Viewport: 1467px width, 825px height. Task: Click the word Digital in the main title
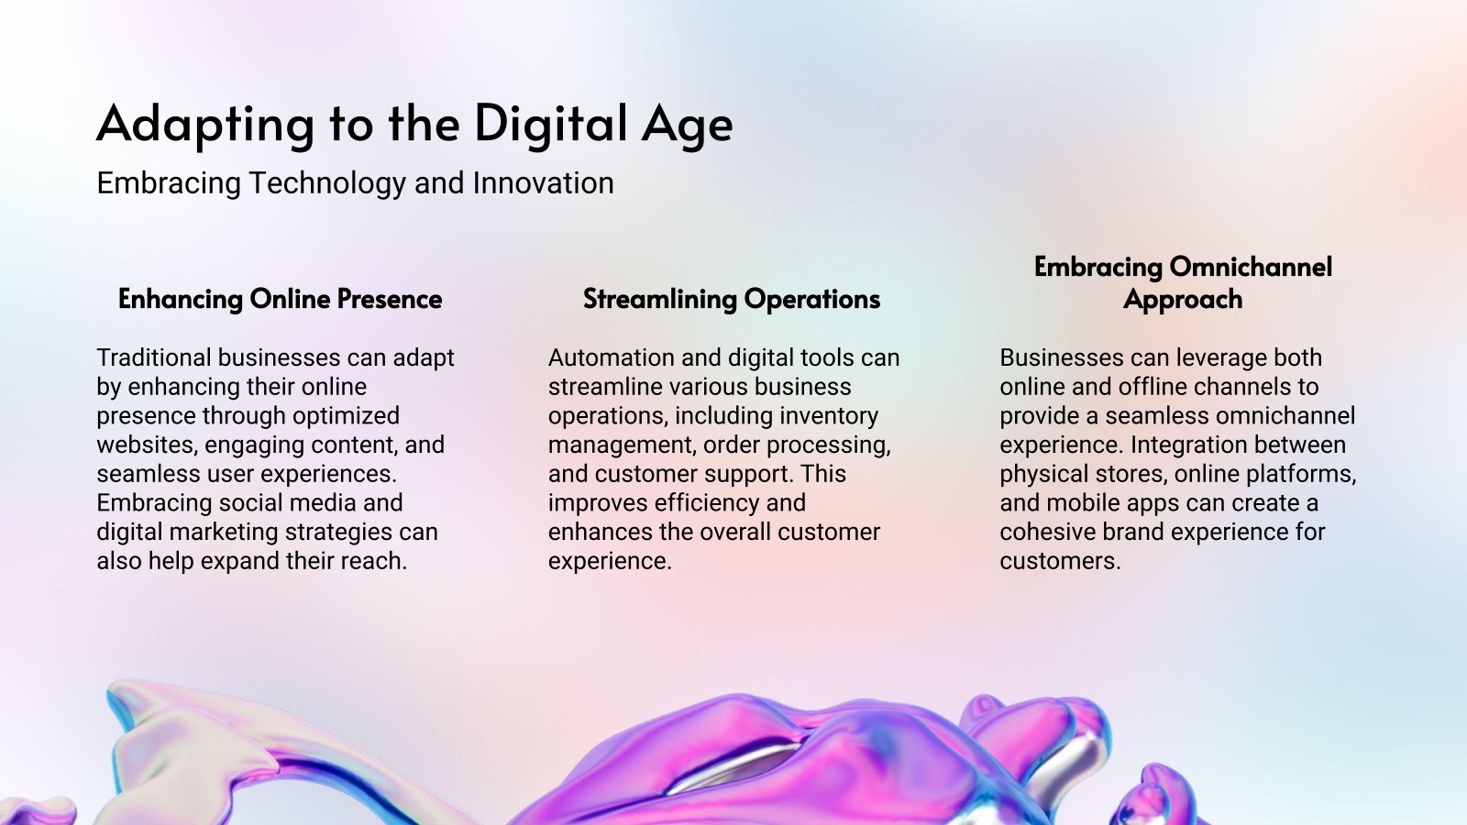coord(551,124)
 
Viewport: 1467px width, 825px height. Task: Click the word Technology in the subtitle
coord(327,183)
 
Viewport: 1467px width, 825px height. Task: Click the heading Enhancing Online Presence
coord(280,299)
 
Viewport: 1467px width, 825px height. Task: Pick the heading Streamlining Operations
coord(731,299)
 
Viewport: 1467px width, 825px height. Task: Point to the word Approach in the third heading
coord(1183,300)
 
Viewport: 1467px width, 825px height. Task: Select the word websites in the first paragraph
coord(147,445)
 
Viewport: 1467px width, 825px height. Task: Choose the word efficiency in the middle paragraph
coord(706,502)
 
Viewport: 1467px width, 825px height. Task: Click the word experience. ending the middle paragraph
coord(610,561)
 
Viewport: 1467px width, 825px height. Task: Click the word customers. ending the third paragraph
coord(1060,561)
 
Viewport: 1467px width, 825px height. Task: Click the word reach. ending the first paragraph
coord(376,561)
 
